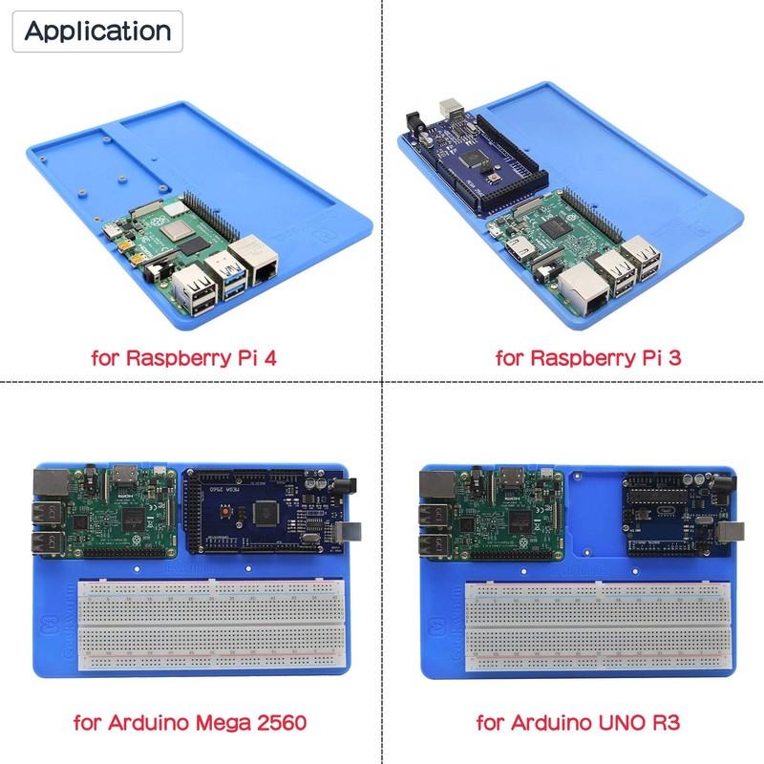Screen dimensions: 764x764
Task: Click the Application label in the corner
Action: [96, 31]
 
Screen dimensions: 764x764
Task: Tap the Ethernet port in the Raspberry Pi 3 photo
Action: [582, 291]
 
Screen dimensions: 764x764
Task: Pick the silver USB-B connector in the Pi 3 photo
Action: [450, 108]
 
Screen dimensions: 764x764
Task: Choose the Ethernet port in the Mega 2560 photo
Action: [51, 484]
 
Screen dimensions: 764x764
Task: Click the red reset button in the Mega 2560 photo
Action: [225, 515]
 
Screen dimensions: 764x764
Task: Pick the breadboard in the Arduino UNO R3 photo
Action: [592, 626]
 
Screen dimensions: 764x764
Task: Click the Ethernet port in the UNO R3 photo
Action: [435, 484]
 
